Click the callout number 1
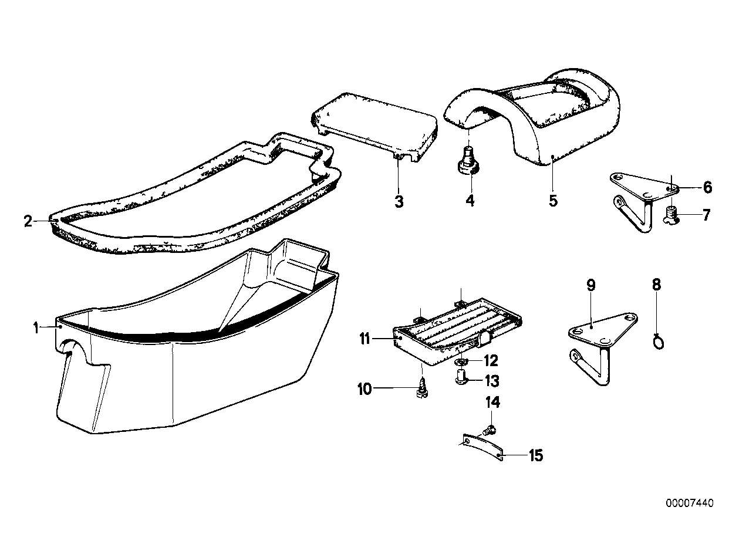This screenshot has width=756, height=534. click(x=36, y=328)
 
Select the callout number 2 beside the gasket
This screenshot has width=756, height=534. click(x=28, y=221)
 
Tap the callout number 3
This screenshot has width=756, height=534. click(x=399, y=202)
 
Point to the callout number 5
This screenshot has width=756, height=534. click(x=553, y=200)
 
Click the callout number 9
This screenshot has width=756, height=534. click(x=590, y=285)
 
